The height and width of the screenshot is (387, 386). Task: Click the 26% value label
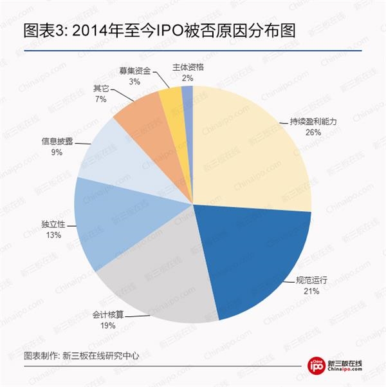pos(313,131)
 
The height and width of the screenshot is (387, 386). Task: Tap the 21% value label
pos(311,292)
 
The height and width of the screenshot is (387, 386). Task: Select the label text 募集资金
pos(134,71)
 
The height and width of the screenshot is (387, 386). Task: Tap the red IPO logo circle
pos(317,365)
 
